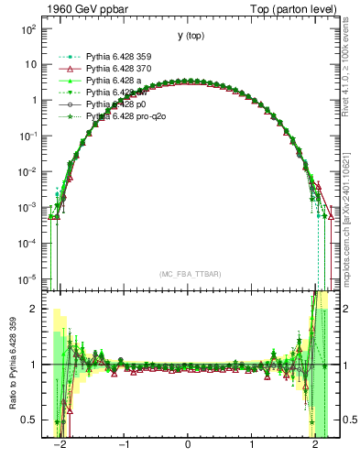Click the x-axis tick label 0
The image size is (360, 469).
tap(188, 453)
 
